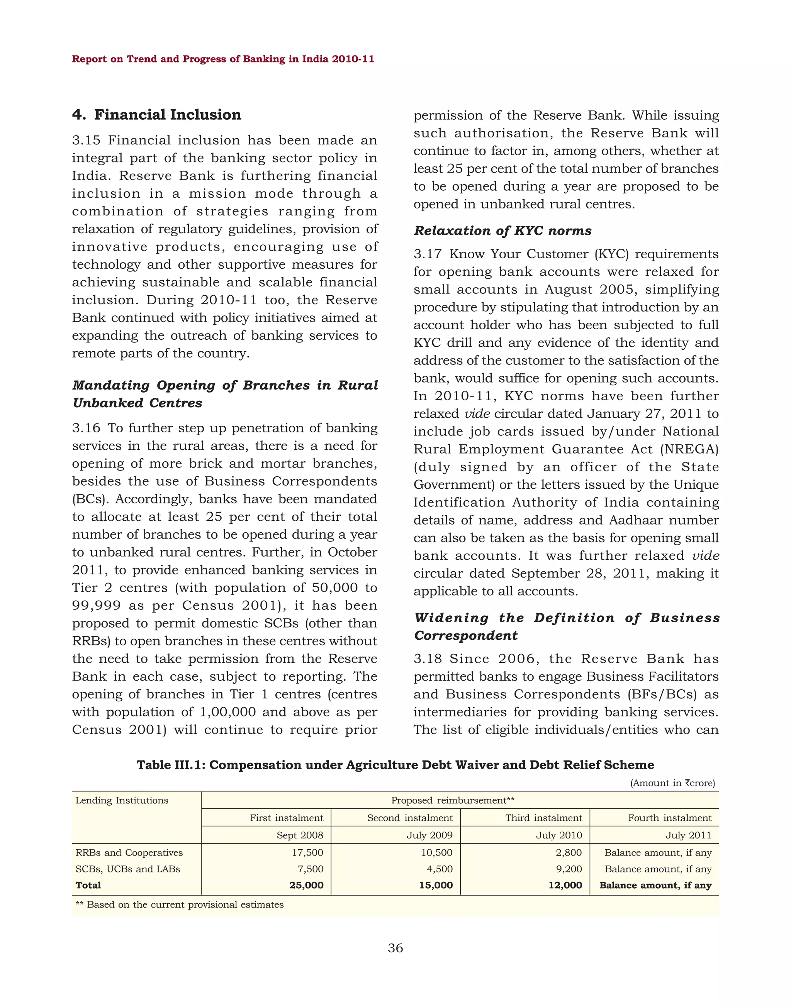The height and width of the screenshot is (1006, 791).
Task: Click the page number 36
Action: [x=395, y=948]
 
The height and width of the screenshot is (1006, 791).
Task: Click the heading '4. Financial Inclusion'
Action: [x=156, y=115]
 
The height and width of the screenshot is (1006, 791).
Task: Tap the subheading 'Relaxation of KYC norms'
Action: [x=502, y=230]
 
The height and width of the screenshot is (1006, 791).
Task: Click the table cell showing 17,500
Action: [x=307, y=852]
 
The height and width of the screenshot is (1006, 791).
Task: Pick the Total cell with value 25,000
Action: [x=306, y=885]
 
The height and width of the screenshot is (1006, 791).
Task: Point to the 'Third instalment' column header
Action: [x=543, y=818]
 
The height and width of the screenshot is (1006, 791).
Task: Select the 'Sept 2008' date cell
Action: [x=300, y=835]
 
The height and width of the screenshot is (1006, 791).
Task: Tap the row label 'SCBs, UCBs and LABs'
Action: [x=128, y=869]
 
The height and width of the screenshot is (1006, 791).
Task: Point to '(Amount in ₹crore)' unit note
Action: [x=672, y=783]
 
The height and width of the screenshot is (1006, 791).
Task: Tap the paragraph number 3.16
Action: [x=86, y=428]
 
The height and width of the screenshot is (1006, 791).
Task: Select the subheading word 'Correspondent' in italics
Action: [x=465, y=636]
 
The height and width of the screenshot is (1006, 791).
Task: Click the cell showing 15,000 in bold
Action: [x=436, y=885]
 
